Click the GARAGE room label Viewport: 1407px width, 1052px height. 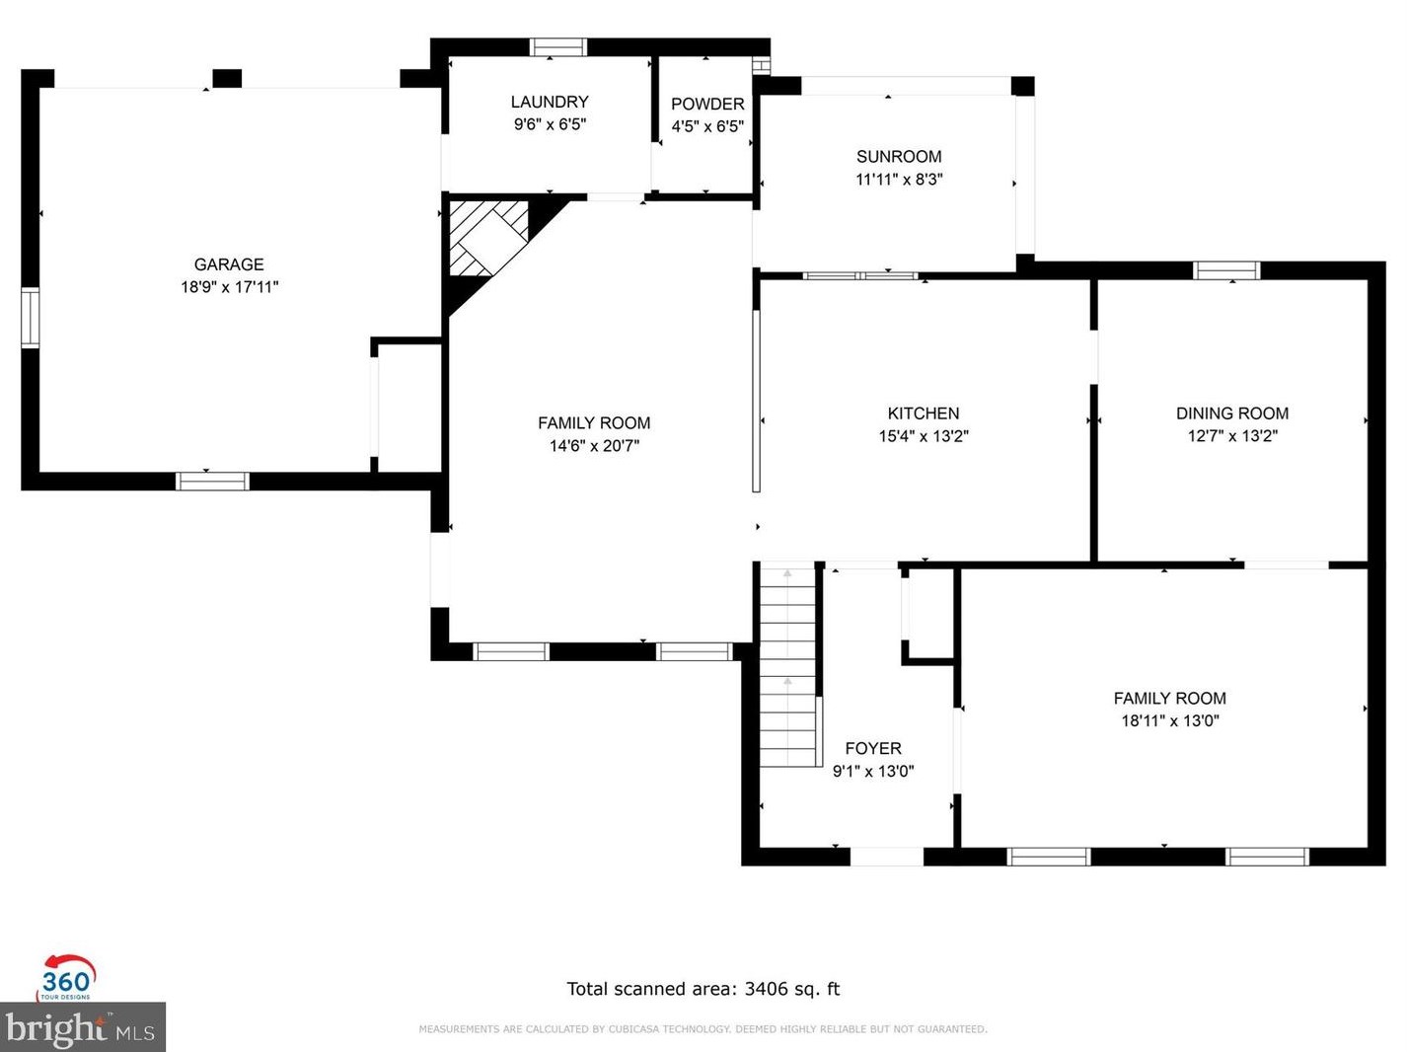point(229,264)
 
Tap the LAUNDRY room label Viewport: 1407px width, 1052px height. point(550,102)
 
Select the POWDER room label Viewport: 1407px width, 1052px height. point(707,104)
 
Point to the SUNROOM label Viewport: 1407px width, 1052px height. point(899,157)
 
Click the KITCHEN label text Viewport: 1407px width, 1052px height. point(924,413)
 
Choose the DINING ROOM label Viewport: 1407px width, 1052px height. point(1232,413)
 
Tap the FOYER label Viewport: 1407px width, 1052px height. point(873,748)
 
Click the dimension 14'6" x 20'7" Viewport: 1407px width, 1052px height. point(594,445)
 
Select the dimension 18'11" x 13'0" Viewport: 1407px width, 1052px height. point(1170,720)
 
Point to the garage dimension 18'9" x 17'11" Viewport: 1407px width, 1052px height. point(230,286)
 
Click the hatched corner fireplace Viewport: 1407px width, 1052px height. point(489,238)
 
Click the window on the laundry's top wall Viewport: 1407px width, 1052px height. point(558,47)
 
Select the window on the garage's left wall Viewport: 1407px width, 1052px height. point(31,318)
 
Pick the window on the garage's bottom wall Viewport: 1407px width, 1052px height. point(213,482)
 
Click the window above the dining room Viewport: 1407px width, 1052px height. point(1226,270)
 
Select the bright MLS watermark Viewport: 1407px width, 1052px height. point(82,1027)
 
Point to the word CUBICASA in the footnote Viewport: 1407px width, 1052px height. point(632,1029)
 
